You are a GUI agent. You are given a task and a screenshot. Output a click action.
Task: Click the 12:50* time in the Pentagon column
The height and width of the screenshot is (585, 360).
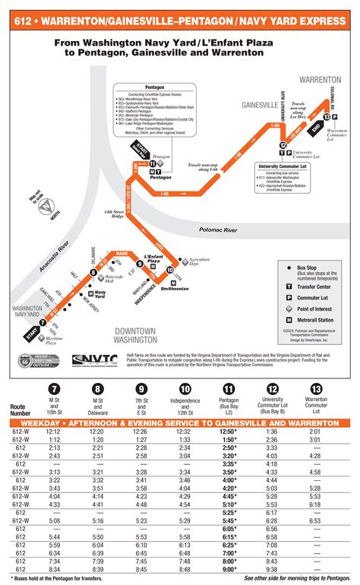229,431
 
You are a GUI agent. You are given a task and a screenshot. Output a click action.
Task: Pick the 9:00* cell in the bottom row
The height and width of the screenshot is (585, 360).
229,568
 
